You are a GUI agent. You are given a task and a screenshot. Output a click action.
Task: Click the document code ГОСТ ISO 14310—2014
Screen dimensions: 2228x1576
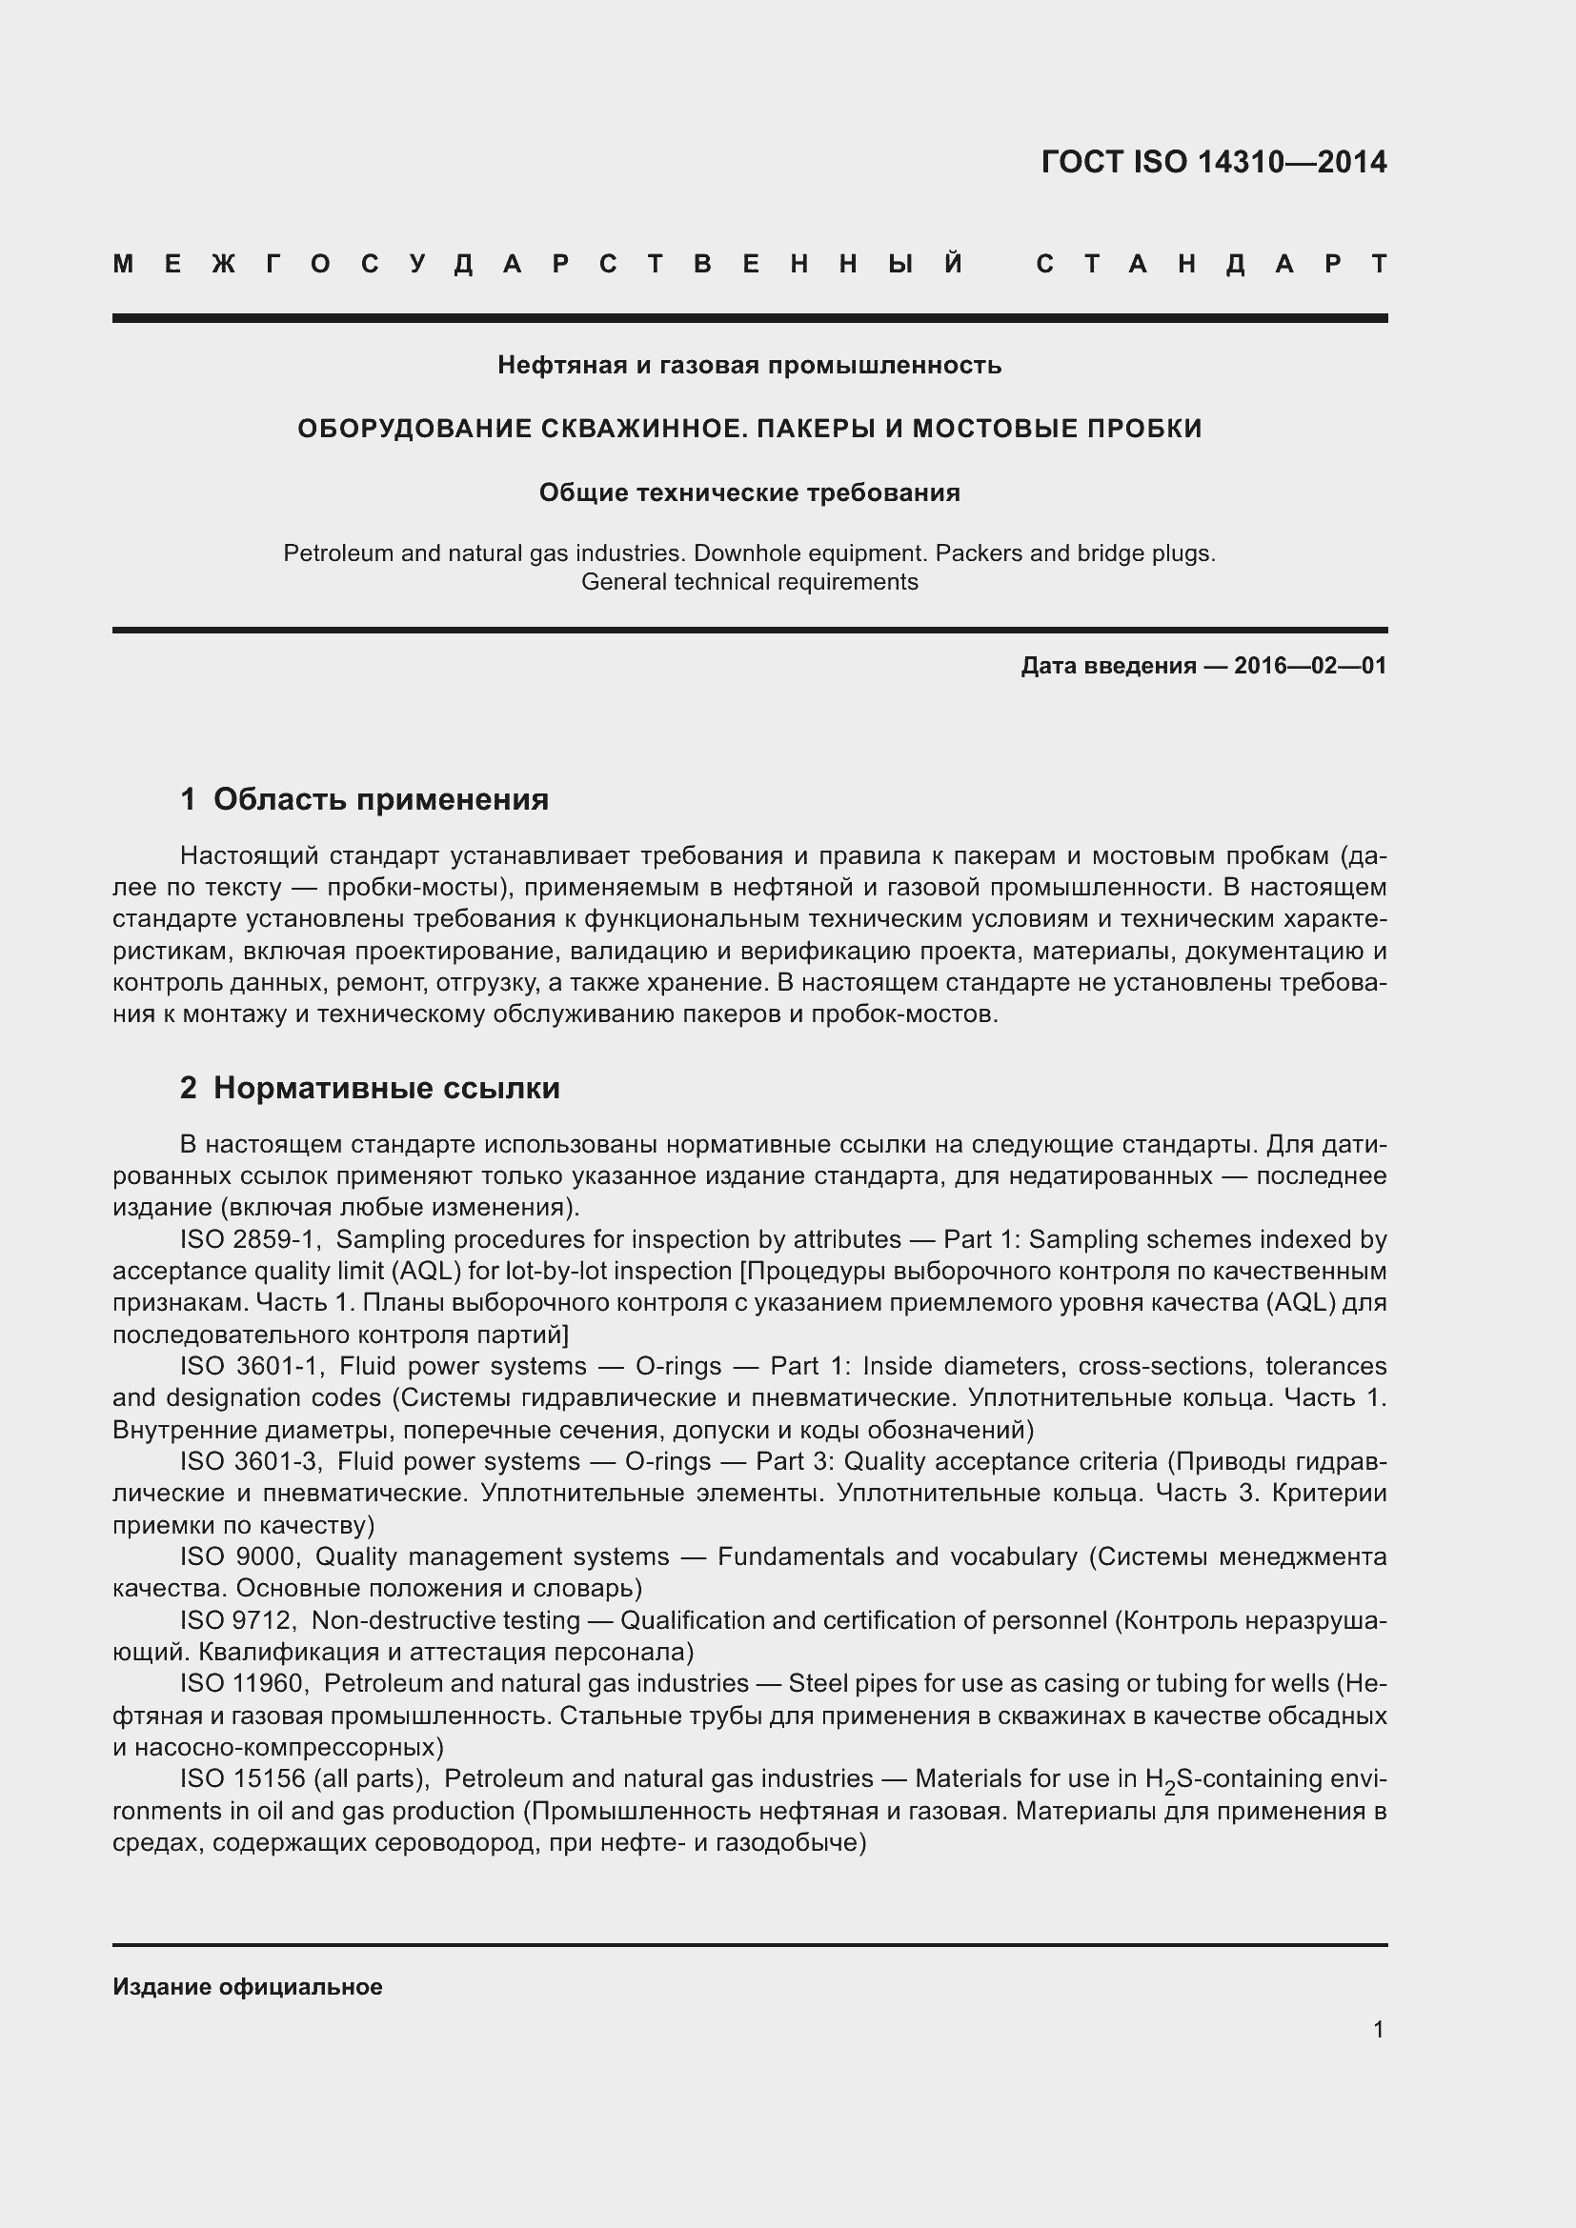(1213, 162)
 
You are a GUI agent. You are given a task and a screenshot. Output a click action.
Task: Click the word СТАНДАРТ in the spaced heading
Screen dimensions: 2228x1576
(1211, 264)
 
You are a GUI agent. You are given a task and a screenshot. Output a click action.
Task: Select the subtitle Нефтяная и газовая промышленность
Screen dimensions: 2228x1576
(749, 366)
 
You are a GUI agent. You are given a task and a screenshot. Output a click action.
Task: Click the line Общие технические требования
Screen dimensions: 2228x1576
(749, 493)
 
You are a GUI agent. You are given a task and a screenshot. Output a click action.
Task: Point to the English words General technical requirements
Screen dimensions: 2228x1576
(749, 582)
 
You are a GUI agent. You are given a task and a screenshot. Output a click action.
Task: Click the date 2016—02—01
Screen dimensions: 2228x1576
(1310, 666)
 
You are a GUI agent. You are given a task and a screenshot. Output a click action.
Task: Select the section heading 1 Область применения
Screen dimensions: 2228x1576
(364, 799)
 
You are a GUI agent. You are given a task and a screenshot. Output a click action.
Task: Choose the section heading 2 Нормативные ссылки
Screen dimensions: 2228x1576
(370, 1089)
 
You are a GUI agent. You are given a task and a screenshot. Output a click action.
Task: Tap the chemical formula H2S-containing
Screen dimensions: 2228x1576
(1232, 1779)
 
